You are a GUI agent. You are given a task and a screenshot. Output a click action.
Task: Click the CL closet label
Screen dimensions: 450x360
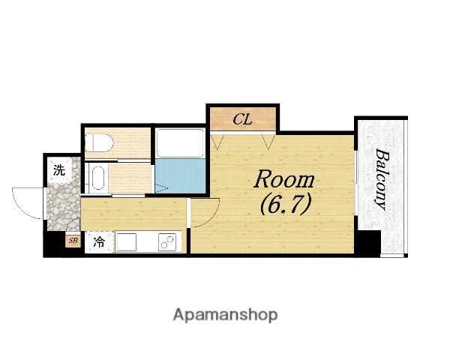click(x=242, y=119)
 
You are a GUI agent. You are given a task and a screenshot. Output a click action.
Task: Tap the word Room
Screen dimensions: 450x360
click(x=284, y=180)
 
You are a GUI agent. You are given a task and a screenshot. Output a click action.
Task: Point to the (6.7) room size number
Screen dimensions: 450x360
click(x=286, y=204)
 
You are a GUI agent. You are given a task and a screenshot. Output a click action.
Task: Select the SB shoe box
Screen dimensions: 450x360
click(x=73, y=241)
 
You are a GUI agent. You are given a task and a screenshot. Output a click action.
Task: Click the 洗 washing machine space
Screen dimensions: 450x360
click(x=60, y=170)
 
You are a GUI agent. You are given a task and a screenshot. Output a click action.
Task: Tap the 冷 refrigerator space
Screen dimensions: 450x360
click(x=99, y=242)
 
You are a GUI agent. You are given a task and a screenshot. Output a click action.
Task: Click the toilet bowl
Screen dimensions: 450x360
click(x=99, y=143)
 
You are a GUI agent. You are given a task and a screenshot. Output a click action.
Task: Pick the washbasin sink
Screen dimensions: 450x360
click(x=97, y=178)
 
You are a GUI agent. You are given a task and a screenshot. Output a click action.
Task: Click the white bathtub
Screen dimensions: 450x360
click(x=180, y=143)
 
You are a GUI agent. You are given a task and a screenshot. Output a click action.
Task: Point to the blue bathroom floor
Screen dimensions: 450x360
click(x=180, y=176)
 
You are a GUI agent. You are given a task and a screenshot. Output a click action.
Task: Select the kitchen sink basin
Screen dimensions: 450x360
click(x=126, y=242)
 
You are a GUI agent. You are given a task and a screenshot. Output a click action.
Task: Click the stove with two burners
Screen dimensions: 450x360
click(x=167, y=242)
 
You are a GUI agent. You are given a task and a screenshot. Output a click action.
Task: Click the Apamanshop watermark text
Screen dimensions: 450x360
click(x=225, y=315)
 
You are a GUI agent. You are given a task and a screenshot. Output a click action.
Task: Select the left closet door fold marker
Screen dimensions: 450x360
click(x=217, y=142)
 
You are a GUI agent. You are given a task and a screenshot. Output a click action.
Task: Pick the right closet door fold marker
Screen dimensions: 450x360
click(x=268, y=142)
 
